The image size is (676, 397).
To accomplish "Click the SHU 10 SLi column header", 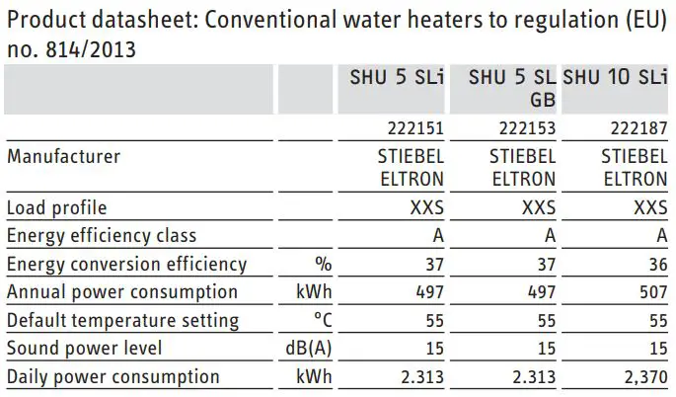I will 614,78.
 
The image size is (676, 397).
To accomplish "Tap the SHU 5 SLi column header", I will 395,78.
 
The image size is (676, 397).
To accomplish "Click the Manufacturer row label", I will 63,156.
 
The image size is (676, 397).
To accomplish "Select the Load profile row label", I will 56,207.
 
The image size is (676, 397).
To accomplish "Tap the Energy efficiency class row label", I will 102,236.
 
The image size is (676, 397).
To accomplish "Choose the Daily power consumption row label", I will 113,376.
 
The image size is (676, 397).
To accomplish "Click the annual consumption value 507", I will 651,292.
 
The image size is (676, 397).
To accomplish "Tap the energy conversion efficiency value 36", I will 656,265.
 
